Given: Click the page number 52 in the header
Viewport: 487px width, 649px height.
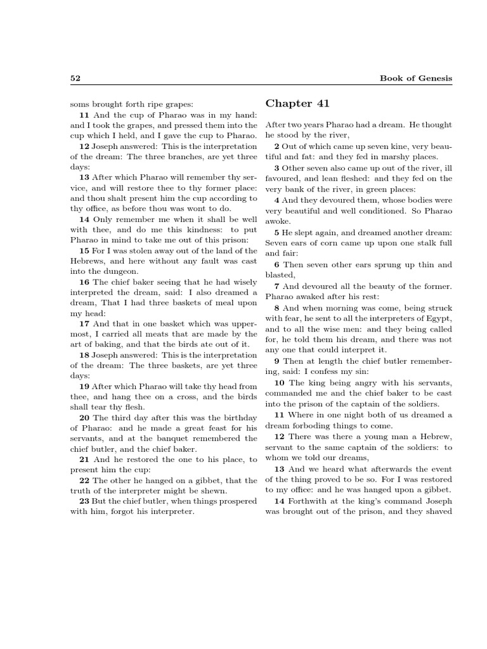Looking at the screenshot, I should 74,78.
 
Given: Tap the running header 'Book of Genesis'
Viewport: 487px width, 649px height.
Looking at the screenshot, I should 416,78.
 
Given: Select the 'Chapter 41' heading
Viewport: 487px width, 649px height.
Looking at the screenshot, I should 298,103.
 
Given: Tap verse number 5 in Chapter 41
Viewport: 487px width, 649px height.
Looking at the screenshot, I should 277,232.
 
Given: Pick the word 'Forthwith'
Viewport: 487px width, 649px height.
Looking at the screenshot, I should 304,500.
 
